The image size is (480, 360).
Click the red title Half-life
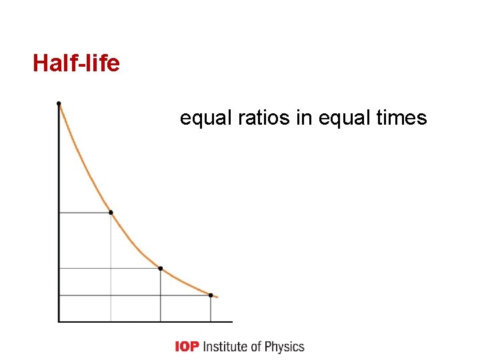(76, 63)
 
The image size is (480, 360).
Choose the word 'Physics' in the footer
(285, 347)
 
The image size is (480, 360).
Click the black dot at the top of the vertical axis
(59, 103)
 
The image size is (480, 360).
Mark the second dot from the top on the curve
(111, 213)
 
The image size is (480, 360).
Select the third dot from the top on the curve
(161, 269)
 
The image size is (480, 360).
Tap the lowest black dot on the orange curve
(211, 295)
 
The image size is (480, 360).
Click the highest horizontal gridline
(85, 213)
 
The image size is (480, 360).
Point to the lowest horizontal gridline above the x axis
(133, 295)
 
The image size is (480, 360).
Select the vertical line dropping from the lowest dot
(211, 308)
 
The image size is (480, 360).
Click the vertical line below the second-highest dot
(111, 267)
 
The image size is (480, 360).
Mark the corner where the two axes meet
(59, 321)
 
